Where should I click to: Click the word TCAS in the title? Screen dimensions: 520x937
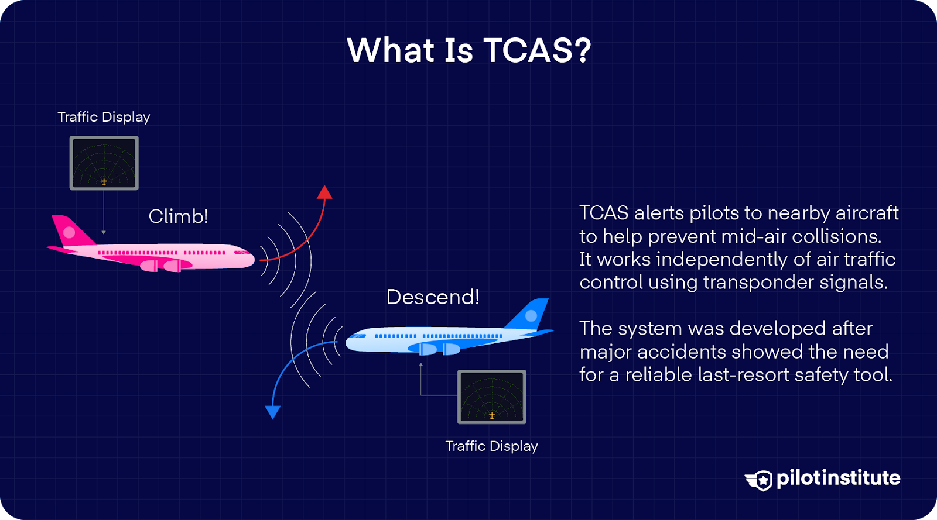[x=528, y=50]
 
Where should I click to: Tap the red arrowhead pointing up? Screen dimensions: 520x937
[x=324, y=192]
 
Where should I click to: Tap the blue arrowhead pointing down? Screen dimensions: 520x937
[x=272, y=412]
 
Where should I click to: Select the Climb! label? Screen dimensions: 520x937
[x=178, y=216]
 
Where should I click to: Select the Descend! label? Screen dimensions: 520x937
[x=433, y=297]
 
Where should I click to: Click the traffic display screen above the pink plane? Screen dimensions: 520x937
[x=104, y=163]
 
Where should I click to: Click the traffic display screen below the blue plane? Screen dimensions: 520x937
[x=491, y=397]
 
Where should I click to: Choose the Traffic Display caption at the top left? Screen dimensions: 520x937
[x=104, y=117]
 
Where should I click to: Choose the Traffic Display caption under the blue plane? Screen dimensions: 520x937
[x=491, y=446]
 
